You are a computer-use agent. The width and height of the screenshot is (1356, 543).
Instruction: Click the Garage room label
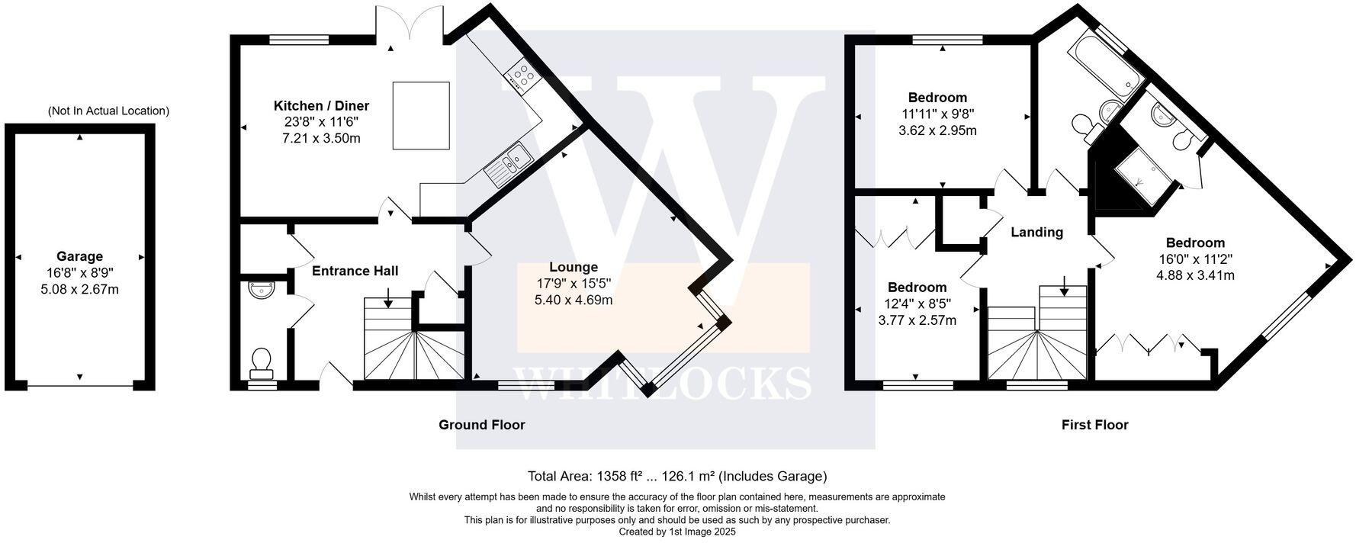pyautogui.click(x=79, y=257)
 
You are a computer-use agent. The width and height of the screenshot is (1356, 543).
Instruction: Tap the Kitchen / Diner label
pyautogui.click(x=321, y=105)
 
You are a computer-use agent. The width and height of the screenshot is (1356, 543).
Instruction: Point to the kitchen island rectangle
pyautogui.click(x=421, y=116)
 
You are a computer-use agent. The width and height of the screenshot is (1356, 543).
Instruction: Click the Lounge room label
pyautogui.click(x=574, y=267)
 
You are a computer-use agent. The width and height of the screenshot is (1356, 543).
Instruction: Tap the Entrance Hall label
pyautogui.click(x=355, y=271)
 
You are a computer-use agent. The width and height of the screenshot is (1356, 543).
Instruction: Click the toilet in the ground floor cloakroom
pyautogui.click(x=261, y=361)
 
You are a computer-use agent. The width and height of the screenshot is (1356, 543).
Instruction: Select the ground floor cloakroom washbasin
pyautogui.click(x=261, y=291)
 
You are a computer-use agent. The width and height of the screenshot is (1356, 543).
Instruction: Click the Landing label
pyautogui.click(x=1036, y=232)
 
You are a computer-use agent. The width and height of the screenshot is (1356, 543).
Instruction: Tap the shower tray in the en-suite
pyautogui.click(x=1142, y=176)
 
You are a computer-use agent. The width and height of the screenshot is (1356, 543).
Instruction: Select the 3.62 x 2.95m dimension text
pyautogui.click(x=937, y=130)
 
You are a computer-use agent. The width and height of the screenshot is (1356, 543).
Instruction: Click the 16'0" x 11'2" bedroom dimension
pyautogui.click(x=1195, y=259)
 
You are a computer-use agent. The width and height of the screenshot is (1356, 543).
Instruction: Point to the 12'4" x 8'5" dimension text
pyautogui.click(x=917, y=304)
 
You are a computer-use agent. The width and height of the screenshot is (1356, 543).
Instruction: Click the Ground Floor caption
pyautogui.click(x=481, y=425)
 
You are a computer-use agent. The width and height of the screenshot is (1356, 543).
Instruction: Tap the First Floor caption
pyautogui.click(x=1094, y=425)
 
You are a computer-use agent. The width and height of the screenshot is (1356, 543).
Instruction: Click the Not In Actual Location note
pyautogui.click(x=108, y=111)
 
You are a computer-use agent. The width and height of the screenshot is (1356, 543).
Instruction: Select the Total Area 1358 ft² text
pyautogui.click(x=677, y=477)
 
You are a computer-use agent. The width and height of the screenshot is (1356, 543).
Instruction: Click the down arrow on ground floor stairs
pyautogui.click(x=388, y=297)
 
